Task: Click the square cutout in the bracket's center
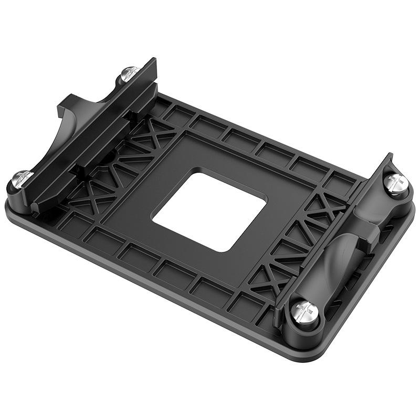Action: [x=209, y=209]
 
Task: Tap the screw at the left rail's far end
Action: [x=129, y=73]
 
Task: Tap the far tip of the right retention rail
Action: [x=389, y=157]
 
